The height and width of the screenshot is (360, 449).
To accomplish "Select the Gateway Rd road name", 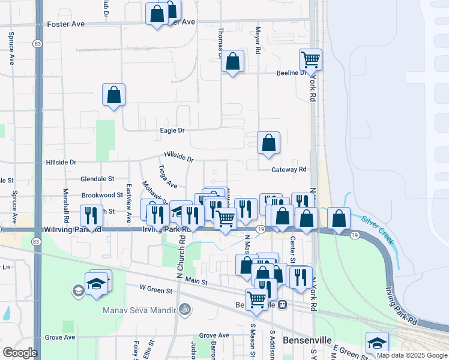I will pos(288,170).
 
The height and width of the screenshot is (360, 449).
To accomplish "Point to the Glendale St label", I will pos(98,179).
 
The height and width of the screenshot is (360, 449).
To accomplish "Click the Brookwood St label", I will pos(102,195).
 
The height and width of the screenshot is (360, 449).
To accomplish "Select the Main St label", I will pos(196,281).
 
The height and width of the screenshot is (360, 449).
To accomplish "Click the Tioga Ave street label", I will pos(167,176).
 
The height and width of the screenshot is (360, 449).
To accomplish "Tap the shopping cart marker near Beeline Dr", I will pos(310,59).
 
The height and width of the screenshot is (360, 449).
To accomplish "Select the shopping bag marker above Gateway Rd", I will pos(269,142).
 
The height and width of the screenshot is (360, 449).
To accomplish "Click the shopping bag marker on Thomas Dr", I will pos(232,61).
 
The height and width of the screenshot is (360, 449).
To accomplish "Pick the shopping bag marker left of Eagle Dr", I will pos(113,94).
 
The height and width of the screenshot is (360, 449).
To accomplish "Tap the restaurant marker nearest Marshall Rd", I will pos(91,215).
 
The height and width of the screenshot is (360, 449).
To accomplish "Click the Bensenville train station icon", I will pos(282,304).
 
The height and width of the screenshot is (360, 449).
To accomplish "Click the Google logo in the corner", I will pos(20,353).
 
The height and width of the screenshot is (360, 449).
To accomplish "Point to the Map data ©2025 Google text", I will pos(412,356).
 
